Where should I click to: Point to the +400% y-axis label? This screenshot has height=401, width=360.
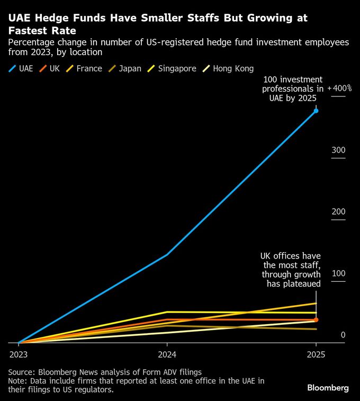click(339, 88)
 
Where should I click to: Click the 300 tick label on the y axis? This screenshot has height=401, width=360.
click(338, 150)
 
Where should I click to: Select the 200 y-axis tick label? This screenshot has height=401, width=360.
click(338, 212)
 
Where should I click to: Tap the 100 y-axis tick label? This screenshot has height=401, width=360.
click(338, 274)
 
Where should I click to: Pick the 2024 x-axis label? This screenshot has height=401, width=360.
click(167, 354)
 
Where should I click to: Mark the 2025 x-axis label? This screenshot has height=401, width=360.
click(316, 354)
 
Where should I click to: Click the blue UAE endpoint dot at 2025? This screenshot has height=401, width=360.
click(316, 111)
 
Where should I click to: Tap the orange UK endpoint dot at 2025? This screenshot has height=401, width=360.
click(316, 320)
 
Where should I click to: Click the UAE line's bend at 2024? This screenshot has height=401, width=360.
click(167, 255)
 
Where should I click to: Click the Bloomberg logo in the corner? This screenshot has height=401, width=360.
click(328, 388)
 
